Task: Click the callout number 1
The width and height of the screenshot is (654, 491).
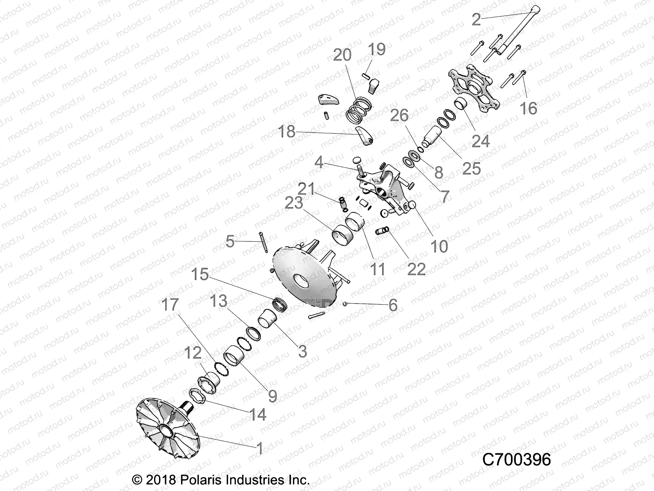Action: coord(260,448)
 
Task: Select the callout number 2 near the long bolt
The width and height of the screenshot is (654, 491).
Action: coord(476,19)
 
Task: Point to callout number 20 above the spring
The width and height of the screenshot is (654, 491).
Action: coord(342,55)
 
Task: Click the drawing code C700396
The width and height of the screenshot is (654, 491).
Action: coord(517,459)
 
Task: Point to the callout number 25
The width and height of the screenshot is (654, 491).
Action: coord(471,168)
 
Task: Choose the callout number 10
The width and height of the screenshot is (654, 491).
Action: coord(439,246)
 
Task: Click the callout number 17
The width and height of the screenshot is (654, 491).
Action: coord(170,304)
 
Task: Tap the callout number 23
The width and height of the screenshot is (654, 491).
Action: coord(293,203)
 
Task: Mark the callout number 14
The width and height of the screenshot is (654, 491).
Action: coord(258,414)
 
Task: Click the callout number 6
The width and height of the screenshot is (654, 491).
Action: coord(393,305)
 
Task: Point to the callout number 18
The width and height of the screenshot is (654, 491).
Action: coord(286,131)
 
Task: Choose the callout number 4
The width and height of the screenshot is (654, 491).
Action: coord(319,163)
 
